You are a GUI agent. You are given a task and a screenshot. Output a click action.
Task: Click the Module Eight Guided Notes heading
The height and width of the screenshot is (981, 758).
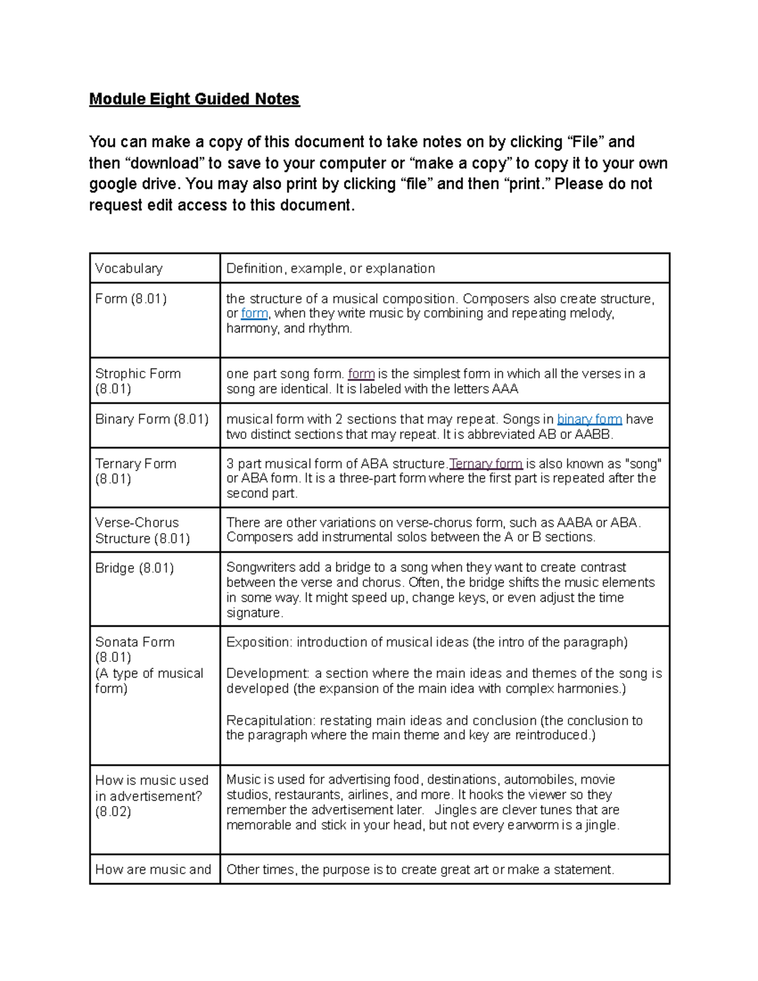click(x=194, y=99)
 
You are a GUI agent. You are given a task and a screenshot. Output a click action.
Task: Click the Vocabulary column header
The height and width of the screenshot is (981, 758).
click(x=129, y=268)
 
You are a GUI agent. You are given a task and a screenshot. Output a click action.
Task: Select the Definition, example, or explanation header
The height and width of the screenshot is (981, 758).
click(x=330, y=268)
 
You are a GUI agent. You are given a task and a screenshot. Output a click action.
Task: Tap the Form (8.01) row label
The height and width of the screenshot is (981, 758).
click(x=131, y=299)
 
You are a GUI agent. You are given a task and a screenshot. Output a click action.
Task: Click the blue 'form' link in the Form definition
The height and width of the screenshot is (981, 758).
click(x=254, y=314)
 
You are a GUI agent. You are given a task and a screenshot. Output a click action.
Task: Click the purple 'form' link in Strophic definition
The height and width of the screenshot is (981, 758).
click(x=361, y=374)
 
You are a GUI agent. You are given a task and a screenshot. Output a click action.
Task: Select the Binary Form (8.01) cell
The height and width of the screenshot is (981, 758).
click(x=152, y=419)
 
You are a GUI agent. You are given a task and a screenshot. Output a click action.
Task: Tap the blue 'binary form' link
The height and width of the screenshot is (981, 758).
click(x=589, y=419)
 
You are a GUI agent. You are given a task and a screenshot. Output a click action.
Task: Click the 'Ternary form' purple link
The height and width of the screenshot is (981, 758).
click(x=485, y=464)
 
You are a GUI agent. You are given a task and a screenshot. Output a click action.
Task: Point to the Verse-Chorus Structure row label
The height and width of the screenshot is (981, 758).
click(x=142, y=530)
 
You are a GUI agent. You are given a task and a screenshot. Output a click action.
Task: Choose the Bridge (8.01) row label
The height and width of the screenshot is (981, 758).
click(x=135, y=568)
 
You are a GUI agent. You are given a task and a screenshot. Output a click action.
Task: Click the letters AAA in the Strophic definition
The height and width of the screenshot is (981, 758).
click(x=505, y=389)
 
